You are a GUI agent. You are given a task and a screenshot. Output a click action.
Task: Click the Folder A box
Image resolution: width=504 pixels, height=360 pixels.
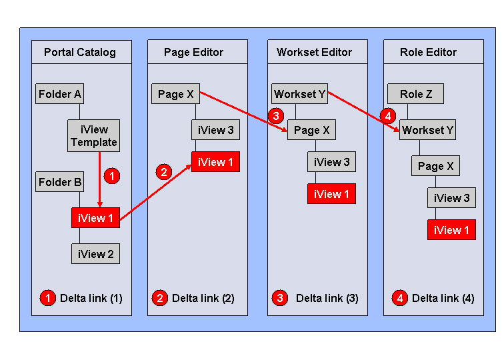59,94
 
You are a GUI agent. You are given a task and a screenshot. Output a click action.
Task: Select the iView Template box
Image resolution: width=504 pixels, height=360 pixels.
93,135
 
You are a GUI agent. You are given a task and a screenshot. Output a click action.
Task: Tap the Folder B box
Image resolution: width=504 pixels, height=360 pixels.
59,181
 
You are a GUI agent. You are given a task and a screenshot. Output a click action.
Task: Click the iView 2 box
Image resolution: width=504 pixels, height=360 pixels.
95,253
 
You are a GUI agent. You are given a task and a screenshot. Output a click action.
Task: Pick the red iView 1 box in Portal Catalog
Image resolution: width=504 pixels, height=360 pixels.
95,217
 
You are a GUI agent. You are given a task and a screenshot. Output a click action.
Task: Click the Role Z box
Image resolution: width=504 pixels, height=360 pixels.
415,94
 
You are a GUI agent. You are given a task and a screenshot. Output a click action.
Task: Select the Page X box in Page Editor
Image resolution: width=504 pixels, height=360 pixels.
175,94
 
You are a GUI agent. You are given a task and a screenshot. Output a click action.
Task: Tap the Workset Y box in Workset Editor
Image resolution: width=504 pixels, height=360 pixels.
299,94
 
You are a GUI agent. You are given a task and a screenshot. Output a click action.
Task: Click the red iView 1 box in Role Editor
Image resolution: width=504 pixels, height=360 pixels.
451,230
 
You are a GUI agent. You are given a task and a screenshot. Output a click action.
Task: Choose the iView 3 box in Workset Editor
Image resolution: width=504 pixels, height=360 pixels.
331,162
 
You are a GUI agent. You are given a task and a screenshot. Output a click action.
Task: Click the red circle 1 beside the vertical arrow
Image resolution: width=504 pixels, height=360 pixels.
112,176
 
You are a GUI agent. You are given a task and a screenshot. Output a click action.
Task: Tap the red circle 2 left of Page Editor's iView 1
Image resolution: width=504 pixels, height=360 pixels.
163,172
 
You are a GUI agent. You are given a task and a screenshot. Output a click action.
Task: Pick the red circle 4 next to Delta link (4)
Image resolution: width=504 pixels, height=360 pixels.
400,298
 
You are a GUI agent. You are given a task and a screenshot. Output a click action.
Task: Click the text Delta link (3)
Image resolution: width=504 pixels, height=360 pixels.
327,298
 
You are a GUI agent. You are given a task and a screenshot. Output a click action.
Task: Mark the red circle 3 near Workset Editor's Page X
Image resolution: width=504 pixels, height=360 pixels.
276,116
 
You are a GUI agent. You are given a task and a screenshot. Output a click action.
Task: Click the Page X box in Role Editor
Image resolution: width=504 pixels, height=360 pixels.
435,166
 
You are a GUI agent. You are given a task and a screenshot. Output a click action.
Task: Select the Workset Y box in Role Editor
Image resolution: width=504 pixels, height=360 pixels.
427,130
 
